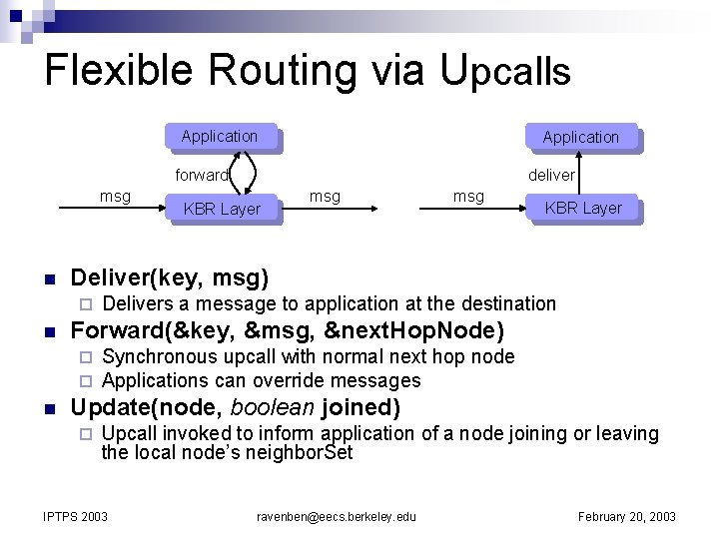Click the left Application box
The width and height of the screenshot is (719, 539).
(220, 137)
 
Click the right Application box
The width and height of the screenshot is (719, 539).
(580, 138)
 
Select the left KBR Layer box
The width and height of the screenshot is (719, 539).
(222, 209)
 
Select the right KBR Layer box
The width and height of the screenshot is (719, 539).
(583, 208)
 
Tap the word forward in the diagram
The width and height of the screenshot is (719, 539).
(202, 175)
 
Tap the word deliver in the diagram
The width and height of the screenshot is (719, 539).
(551, 175)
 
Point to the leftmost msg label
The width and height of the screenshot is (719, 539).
(115, 196)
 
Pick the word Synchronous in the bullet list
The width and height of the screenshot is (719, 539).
(160, 356)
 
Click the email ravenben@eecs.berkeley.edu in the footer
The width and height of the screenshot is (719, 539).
(337, 516)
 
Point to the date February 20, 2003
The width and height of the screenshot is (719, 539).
(627, 516)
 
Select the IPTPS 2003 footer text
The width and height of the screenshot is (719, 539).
(76, 516)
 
